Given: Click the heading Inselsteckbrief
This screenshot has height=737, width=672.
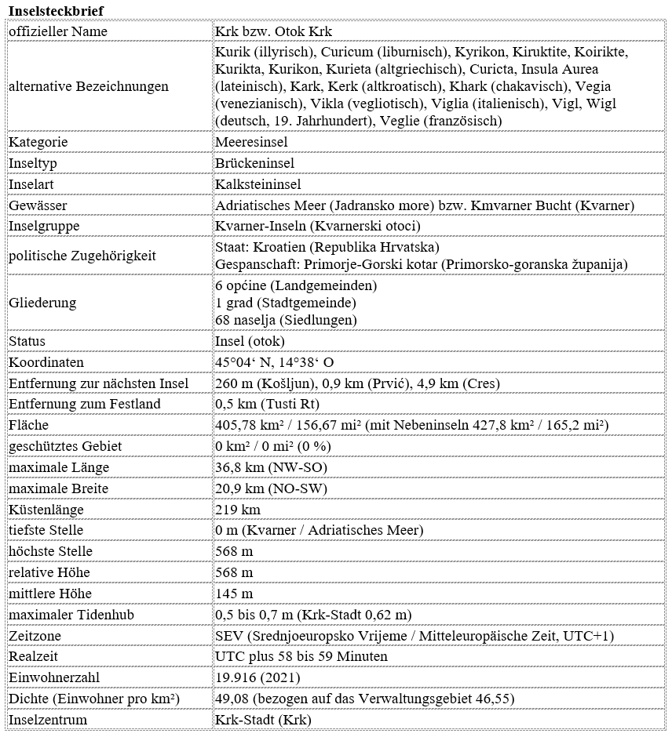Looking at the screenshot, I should [55, 9].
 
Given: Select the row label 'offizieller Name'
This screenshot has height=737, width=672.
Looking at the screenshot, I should [58, 31].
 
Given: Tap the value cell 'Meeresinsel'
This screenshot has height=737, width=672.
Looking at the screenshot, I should [251, 142].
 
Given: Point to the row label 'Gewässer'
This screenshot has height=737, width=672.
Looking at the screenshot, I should [38, 205].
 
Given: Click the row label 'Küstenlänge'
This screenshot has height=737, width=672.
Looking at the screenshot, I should [46, 510].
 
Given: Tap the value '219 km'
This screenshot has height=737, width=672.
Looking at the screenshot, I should [238, 510].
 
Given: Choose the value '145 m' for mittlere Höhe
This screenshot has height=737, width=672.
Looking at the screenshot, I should [234, 594].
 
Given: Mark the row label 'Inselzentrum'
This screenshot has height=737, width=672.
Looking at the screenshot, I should [48, 720].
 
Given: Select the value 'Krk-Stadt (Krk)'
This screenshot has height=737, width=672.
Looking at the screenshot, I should [263, 720].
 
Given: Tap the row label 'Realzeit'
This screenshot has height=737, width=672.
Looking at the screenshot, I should [33, 656].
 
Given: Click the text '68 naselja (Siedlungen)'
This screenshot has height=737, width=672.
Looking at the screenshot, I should [285, 320].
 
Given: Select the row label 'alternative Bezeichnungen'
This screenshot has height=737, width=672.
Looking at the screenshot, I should [89, 86].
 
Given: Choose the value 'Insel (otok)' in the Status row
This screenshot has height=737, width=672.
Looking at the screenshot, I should [250, 341].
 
